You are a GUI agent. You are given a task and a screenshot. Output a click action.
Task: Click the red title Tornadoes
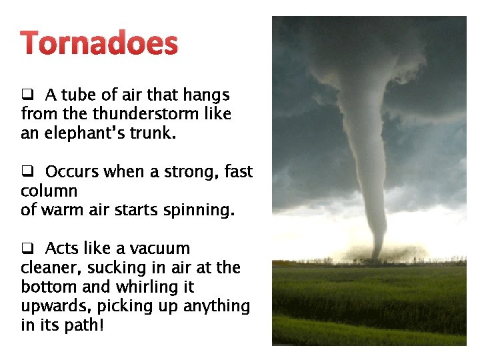(99, 44)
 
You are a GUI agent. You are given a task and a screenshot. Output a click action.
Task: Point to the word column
(49, 191)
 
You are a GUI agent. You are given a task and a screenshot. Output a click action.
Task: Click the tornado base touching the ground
(376, 256)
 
